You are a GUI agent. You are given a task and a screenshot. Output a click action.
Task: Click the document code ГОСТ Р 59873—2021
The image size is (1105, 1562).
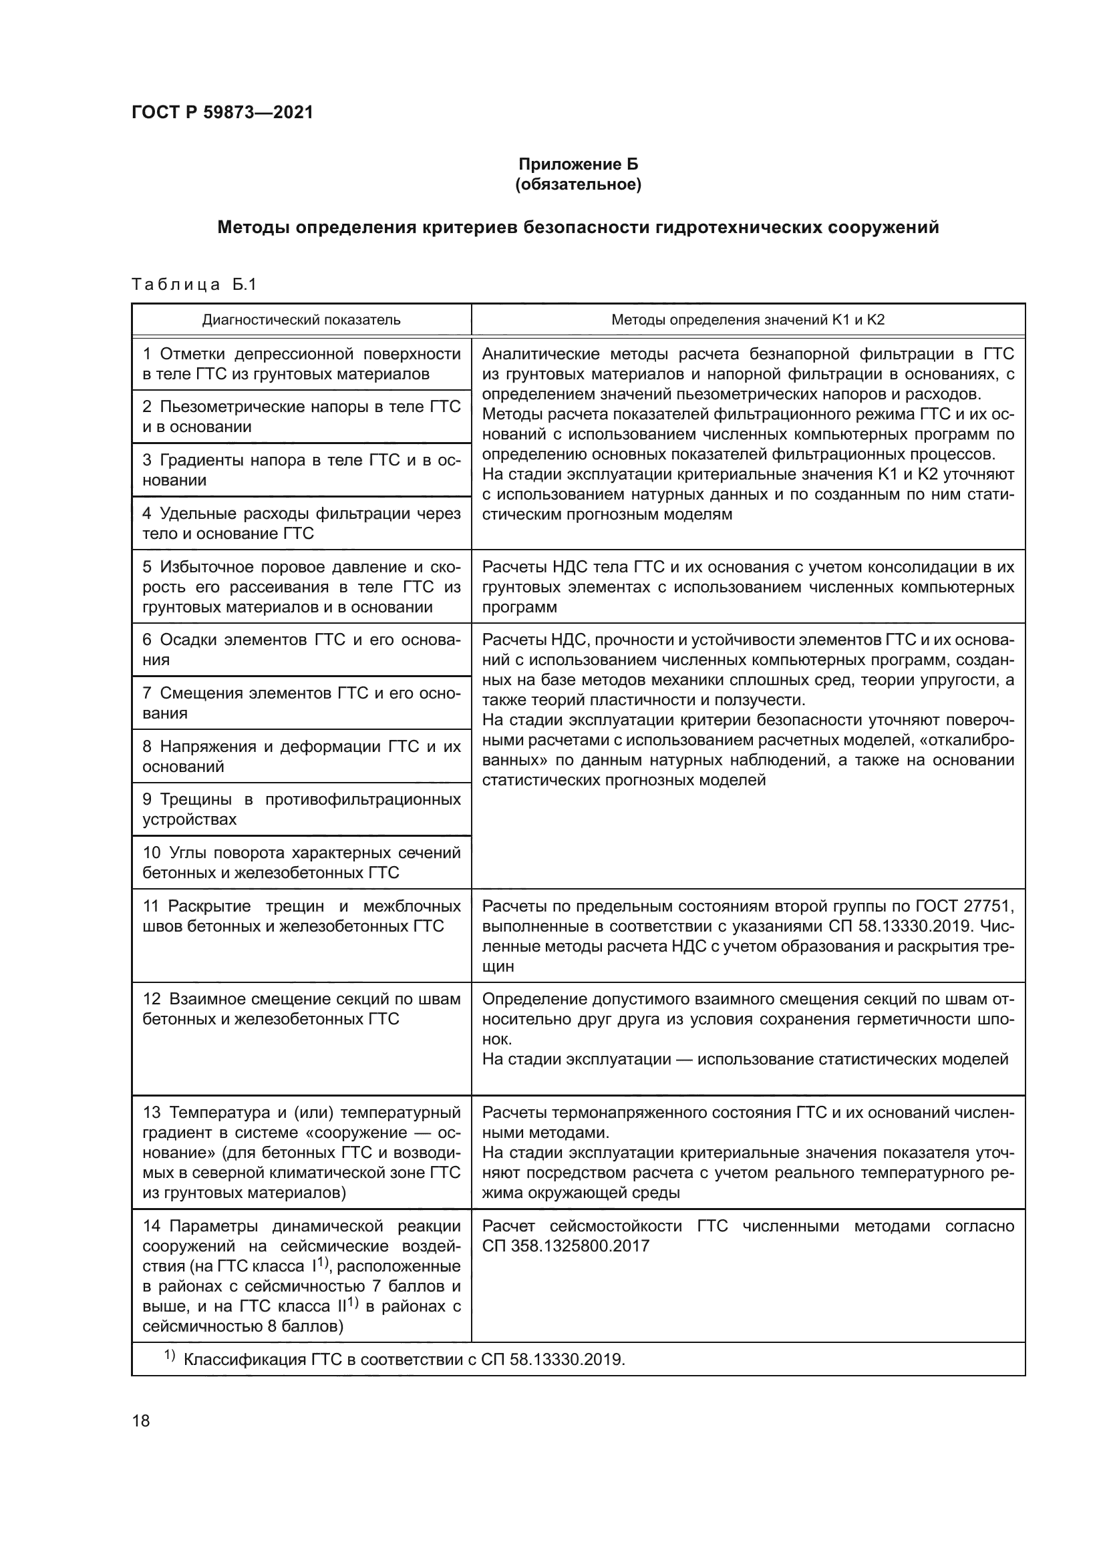pos(222,112)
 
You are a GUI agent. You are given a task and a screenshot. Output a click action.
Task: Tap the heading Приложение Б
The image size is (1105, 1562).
pos(578,164)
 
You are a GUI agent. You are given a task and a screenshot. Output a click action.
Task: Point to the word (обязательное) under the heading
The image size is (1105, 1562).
pos(578,184)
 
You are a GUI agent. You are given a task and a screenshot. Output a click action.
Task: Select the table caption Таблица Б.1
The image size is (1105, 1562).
pos(194,284)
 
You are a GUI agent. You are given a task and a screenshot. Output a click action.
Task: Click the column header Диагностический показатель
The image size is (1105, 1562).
pos(301,320)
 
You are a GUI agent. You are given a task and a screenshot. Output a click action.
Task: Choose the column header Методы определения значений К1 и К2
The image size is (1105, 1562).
pos(748,320)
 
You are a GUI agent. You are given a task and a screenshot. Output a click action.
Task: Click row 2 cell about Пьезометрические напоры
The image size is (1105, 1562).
pos(301,416)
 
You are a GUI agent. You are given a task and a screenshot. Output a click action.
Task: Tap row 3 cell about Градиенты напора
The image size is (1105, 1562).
pos(301,470)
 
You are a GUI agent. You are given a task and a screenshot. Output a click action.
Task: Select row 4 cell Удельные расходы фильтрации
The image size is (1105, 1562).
pos(301,523)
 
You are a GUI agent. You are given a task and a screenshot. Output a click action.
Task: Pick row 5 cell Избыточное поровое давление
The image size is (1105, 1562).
pos(301,586)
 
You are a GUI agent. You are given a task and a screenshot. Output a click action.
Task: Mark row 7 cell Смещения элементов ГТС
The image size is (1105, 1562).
pos(301,703)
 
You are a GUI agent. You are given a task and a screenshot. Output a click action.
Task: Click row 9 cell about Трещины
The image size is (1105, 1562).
pos(301,809)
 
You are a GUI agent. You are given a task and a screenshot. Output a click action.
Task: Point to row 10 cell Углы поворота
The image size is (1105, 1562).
pos(301,863)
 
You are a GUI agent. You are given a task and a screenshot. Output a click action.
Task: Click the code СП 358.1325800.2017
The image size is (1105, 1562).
pos(565,1245)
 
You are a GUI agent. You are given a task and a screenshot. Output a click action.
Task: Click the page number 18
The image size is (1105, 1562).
pos(141,1420)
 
